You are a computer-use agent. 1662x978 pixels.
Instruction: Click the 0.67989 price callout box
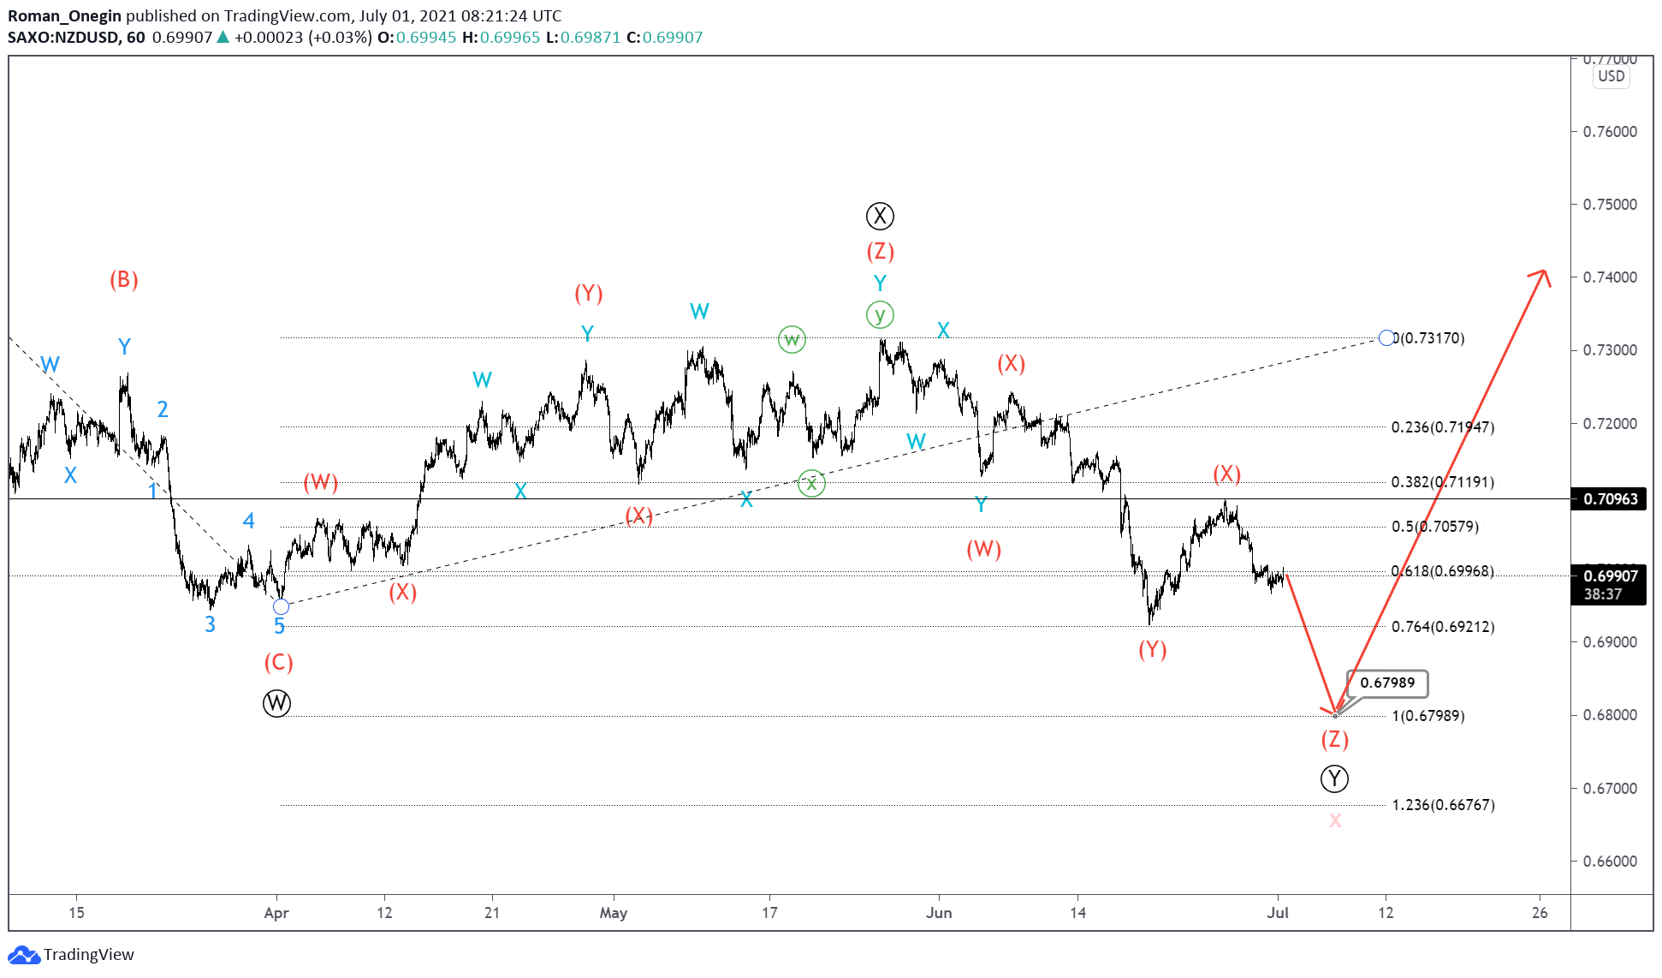point(1386,683)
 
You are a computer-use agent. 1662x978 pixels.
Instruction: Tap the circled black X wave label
point(880,216)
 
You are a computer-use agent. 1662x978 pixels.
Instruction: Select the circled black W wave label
point(276,703)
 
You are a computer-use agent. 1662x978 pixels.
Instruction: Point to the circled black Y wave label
point(1334,778)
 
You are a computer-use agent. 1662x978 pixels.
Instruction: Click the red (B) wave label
point(124,280)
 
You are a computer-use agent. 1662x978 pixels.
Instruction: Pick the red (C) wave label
point(279,662)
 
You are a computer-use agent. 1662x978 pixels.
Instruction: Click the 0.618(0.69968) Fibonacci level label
point(1443,571)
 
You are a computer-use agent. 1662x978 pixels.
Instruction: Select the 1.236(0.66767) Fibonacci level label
point(1443,805)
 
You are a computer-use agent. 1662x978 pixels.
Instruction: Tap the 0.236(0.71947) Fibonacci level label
point(1443,427)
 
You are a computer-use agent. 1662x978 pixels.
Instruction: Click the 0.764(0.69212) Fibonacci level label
point(1443,627)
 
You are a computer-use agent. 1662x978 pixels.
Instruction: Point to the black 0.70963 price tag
point(1610,499)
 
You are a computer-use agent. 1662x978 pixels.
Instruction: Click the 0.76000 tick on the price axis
point(1610,132)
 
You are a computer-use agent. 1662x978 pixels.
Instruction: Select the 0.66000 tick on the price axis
point(1610,862)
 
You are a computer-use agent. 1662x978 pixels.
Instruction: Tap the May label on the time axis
point(614,913)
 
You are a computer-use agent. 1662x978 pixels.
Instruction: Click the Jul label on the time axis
point(1278,913)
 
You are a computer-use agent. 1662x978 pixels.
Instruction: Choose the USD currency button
point(1612,76)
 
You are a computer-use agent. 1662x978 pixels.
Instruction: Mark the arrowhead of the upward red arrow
point(1542,273)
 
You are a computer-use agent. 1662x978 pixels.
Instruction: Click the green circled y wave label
point(880,315)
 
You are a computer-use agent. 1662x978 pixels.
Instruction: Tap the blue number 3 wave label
point(210,624)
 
